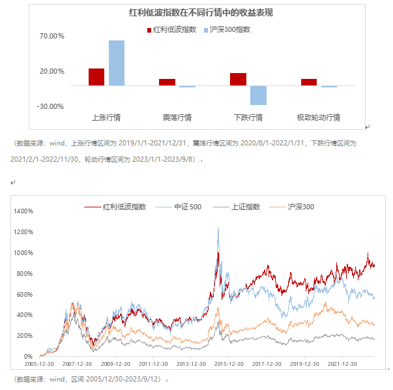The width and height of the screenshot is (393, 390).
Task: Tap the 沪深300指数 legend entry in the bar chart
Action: point(227,29)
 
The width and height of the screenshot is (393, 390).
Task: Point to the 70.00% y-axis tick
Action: point(52,37)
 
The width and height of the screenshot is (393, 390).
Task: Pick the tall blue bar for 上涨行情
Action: point(117,63)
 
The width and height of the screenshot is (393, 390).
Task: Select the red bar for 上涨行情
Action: point(96,76)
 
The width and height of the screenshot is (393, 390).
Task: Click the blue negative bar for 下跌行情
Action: point(258,95)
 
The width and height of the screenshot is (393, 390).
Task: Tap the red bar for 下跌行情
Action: point(238,79)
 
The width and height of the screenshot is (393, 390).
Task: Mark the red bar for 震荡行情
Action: point(167,82)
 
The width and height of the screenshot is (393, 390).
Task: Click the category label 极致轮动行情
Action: point(318,118)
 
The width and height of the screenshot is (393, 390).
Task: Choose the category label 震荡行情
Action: point(177,118)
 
